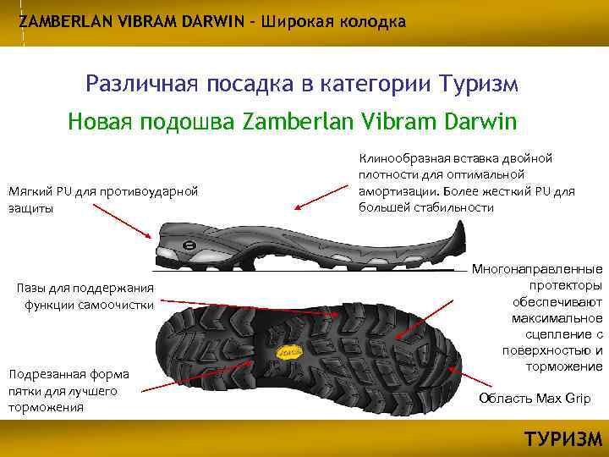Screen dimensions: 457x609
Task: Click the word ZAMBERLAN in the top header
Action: click(x=58, y=21)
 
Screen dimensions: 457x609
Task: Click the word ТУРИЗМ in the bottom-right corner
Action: click(x=563, y=439)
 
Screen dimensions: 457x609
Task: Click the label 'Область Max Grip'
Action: click(x=535, y=399)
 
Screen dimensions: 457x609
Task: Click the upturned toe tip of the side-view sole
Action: click(x=459, y=227)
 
